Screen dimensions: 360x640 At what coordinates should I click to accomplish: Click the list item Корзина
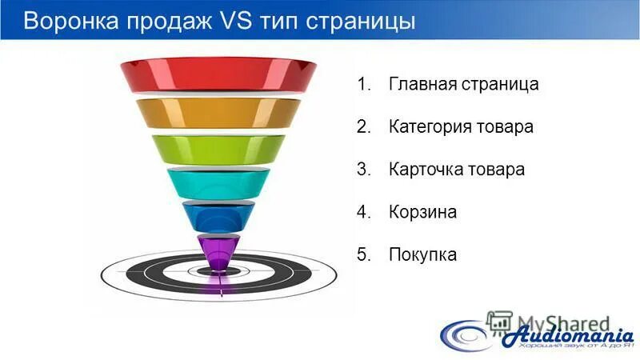(x=422, y=212)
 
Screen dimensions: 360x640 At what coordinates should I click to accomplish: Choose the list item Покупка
(x=422, y=254)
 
